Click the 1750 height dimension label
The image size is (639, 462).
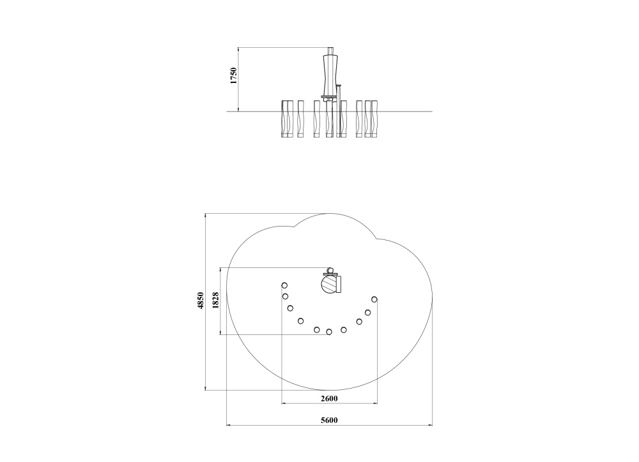233,76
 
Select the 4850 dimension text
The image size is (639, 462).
200,301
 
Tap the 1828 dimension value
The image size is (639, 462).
216,301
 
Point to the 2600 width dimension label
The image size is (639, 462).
329,398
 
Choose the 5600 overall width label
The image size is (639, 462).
329,420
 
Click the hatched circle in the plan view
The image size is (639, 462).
330,284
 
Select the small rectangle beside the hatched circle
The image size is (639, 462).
339,284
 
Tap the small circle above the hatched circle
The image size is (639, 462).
330,270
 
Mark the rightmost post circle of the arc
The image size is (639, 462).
374,299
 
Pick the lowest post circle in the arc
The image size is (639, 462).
329,332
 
